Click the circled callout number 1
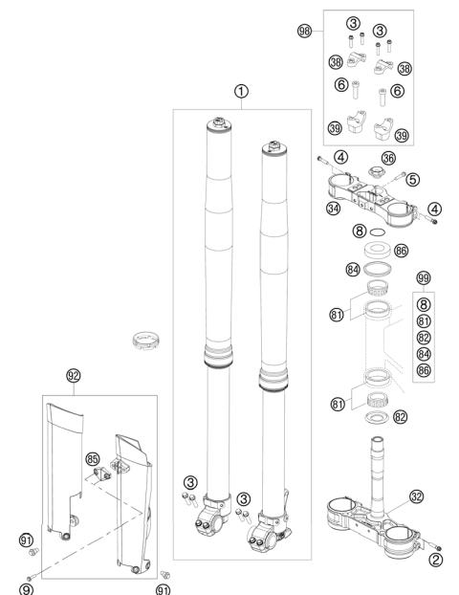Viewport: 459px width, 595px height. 241,92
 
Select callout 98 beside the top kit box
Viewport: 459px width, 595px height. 304,31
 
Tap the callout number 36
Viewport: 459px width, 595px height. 388,158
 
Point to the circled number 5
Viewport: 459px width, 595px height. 413,179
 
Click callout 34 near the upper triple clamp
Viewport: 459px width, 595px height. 334,208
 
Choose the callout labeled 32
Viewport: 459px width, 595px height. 417,496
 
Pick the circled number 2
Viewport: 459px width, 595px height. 435,560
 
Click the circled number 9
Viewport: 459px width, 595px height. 26,589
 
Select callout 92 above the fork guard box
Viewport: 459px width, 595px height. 74,376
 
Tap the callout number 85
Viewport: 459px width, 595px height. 92,459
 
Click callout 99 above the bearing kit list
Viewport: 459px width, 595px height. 424,278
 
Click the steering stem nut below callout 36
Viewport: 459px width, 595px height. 377,171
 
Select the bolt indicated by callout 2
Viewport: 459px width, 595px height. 433,545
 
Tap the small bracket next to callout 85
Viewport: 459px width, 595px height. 102,474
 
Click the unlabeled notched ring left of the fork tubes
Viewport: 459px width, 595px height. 146,340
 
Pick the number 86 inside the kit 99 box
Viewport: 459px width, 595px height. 424,370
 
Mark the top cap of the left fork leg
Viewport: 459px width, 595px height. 219,123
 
